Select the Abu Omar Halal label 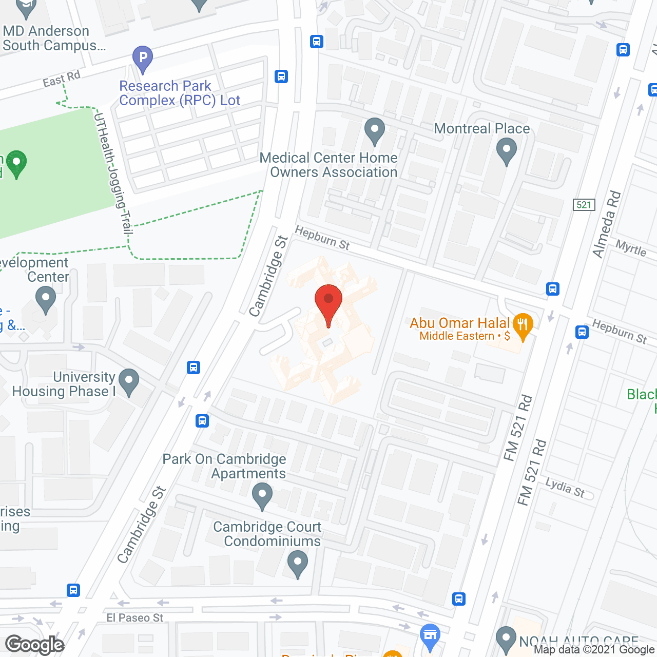click(459, 323)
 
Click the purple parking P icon click(143, 58)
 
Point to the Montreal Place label click(481, 128)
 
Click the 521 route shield click(584, 205)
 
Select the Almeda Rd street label click(607, 225)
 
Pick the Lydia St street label click(565, 488)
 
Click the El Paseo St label click(134, 617)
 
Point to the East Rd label click(62, 79)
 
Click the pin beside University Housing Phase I click(128, 382)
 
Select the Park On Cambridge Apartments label click(224, 466)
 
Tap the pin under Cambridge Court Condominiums click(297, 563)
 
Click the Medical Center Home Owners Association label click(328, 165)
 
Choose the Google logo click(35, 645)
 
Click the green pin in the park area click(16, 163)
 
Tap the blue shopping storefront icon click(430, 635)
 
